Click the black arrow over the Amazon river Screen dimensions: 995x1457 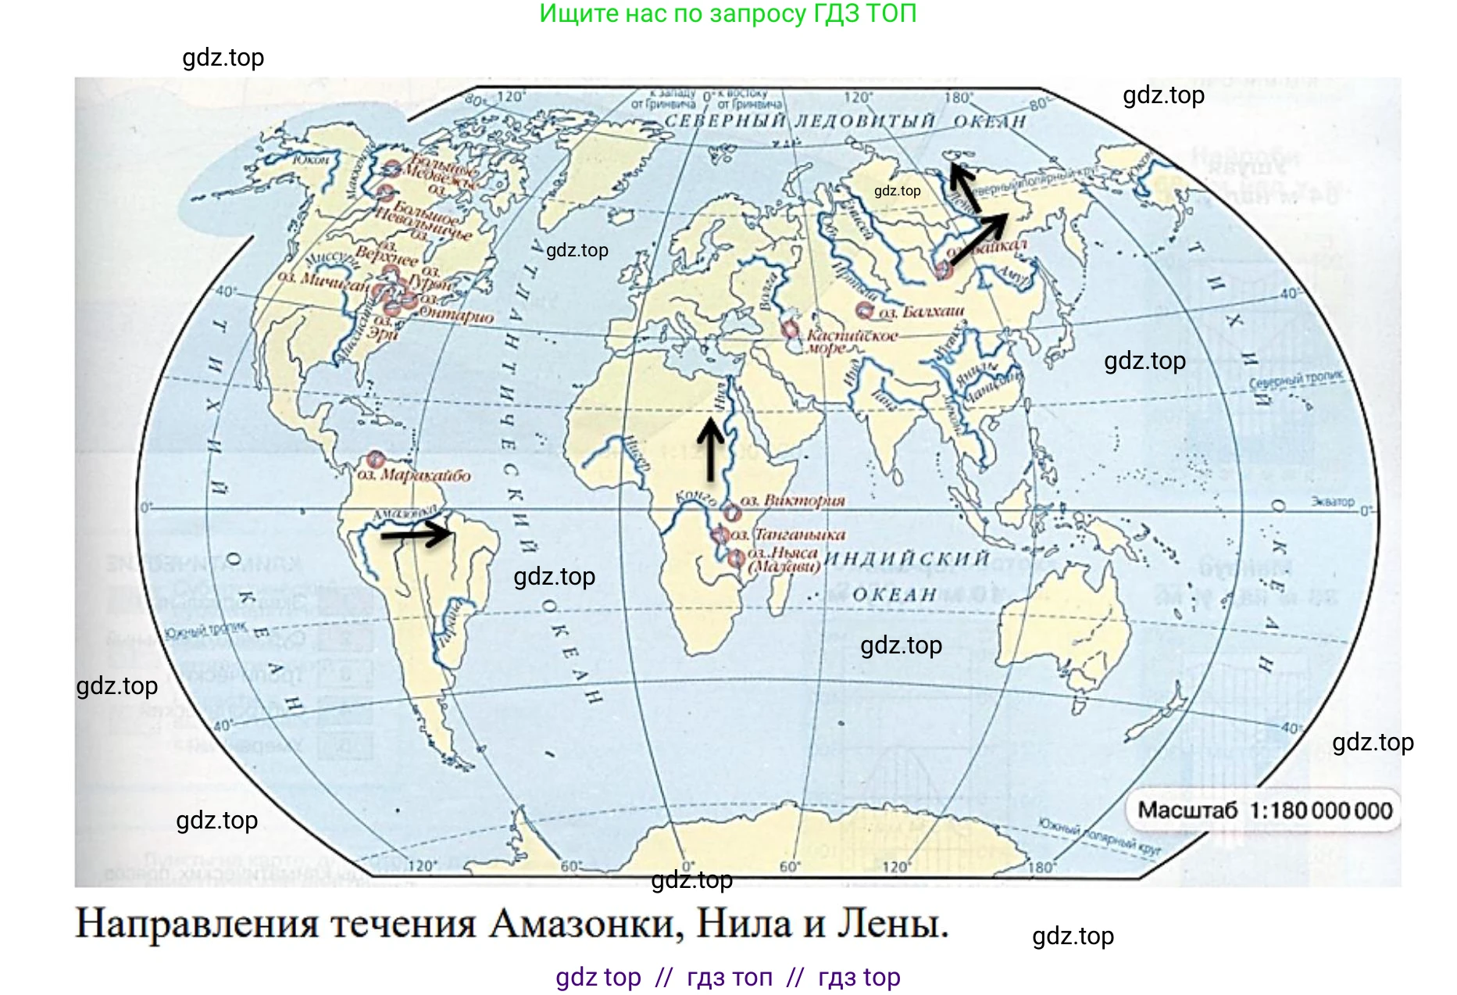[x=416, y=535]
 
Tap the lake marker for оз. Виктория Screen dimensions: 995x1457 [x=730, y=514]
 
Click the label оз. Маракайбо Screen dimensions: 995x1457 [x=414, y=475]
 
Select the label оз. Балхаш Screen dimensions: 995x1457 [x=921, y=312]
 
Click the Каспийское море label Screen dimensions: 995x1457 [x=852, y=341]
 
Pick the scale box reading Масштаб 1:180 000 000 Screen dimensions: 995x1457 [x=1264, y=811]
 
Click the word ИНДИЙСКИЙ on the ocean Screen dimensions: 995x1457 [x=906, y=559]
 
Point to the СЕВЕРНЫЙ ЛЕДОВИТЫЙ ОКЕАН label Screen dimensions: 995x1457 [x=845, y=121]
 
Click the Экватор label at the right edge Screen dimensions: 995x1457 [x=1332, y=502]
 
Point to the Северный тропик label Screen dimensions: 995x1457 [x=1295, y=380]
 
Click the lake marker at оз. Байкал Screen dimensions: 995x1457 [x=944, y=270]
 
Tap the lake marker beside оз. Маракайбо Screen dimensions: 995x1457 [x=374, y=460]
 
